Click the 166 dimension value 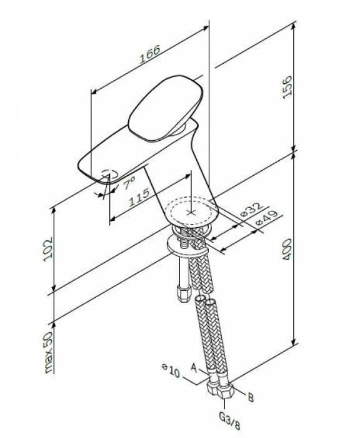coord(150,54)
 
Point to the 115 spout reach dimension coord(139,197)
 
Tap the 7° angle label coord(129,184)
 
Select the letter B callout coord(249,395)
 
